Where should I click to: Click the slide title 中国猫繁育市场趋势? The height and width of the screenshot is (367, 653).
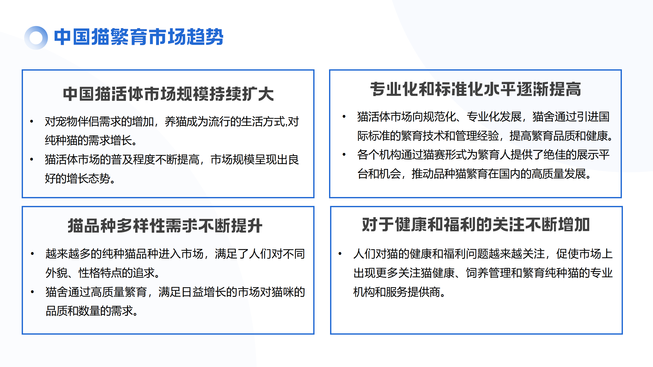pyautogui.click(x=139, y=37)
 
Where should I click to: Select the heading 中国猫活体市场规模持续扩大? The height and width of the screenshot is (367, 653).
pyautogui.click(x=168, y=94)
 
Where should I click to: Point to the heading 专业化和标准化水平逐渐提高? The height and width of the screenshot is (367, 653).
pyautogui.click(x=475, y=89)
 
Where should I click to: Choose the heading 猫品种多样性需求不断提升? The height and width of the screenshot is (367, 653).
pyautogui.click(x=165, y=226)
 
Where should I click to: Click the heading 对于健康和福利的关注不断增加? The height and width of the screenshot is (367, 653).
pyautogui.click(x=476, y=225)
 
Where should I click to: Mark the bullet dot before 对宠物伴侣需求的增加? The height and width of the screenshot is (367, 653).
pyautogui.click(x=32, y=121)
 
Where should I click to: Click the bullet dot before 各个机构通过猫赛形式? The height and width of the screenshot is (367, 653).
pyautogui.click(x=344, y=154)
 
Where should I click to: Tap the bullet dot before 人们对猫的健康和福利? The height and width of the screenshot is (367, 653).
pyautogui.click(x=340, y=254)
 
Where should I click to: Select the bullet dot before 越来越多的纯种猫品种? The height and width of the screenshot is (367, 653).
pyautogui.click(x=32, y=254)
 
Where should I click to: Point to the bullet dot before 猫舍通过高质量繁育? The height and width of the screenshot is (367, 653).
pyautogui.click(x=32, y=292)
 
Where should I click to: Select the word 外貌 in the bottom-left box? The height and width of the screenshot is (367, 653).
pyautogui.click(x=56, y=273)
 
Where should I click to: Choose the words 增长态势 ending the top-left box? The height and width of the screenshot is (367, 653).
pyautogui.click(x=89, y=178)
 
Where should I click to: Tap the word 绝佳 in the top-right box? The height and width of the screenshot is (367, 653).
pyautogui.click(x=554, y=154)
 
